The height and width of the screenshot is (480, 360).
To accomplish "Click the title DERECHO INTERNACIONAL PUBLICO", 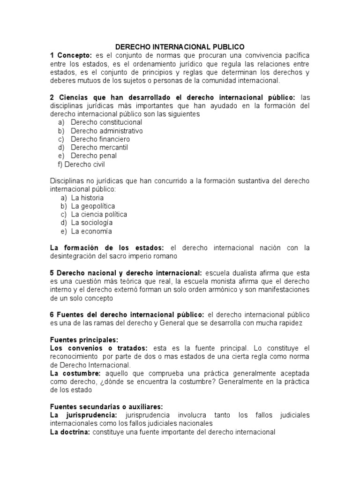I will (x=180, y=47).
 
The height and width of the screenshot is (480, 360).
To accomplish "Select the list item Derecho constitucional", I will (x=100, y=122).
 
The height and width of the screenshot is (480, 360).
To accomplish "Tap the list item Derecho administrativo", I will (x=107, y=131).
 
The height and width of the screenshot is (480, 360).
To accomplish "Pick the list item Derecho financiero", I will (x=100, y=139).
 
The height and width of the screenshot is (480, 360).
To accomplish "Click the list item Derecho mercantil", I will (x=99, y=147).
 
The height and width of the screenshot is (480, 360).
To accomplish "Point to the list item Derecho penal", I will (x=94, y=156).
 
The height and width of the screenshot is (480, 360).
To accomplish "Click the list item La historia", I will (x=88, y=198).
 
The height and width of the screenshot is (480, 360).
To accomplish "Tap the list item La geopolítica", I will (x=93, y=206).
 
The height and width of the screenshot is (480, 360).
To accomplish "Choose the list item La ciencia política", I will (x=99, y=214).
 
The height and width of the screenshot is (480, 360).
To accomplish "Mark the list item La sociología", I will (x=92, y=223).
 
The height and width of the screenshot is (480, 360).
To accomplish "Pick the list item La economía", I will (x=91, y=231).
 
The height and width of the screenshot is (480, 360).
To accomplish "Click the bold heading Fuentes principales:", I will (x=84, y=339).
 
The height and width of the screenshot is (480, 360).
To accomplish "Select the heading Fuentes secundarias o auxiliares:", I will (x=106, y=407).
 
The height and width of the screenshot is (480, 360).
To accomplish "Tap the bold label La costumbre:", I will (x=75, y=373).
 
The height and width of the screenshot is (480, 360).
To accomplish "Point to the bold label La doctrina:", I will (x=70, y=432).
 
